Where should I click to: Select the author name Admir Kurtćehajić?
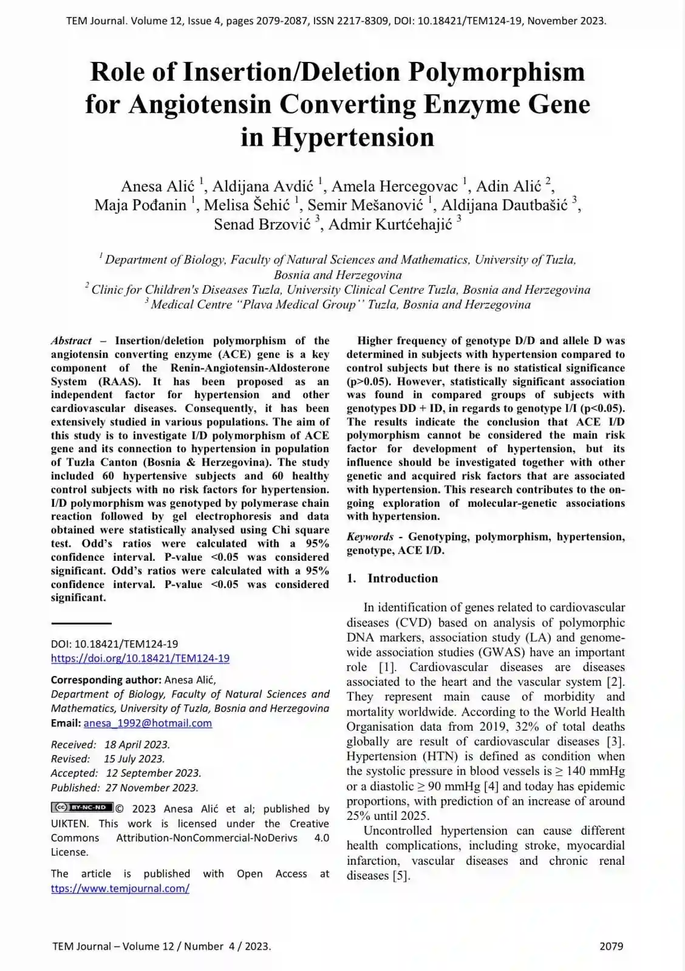click(390, 225)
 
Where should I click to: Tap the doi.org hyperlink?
click(140, 658)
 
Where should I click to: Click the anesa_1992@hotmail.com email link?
click(148, 723)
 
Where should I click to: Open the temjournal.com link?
click(120, 888)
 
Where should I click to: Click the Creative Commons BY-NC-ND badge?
click(82, 808)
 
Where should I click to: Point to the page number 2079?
click(611, 946)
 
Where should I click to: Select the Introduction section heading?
click(402, 578)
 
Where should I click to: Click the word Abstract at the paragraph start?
click(71, 341)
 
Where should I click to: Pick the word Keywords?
click(370, 537)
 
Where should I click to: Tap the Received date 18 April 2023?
click(137, 745)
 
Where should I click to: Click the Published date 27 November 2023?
click(152, 788)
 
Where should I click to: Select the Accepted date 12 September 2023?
click(154, 774)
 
